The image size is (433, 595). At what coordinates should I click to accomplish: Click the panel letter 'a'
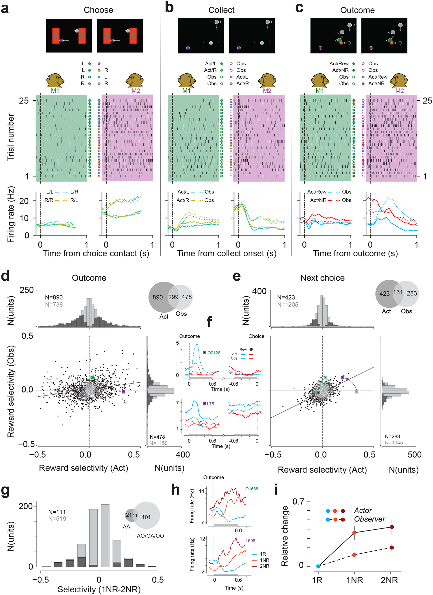point(5,8)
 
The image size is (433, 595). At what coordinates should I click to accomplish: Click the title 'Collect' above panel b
point(221,10)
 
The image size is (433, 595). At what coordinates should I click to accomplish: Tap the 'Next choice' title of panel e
point(322,278)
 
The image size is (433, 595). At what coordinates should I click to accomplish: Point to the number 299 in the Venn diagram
point(173,297)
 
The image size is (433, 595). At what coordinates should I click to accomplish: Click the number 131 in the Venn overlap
point(398,292)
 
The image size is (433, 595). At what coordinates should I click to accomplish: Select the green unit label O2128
point(214,353)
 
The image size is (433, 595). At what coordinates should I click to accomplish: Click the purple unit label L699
point(250,540)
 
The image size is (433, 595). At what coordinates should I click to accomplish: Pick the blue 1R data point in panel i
point(318,566)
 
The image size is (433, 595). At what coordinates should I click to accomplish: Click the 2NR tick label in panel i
point(389,580)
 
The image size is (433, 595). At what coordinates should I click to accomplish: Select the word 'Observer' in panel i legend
point(369,519)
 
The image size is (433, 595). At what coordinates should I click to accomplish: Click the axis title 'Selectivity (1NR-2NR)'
point(99,589)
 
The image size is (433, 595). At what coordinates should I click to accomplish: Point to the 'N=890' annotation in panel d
point(54,297)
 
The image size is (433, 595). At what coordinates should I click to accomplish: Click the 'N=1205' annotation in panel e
point(288,304)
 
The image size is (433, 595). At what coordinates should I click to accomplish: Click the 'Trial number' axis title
point(11,137)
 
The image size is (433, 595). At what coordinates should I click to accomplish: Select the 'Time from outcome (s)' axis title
point(355,253)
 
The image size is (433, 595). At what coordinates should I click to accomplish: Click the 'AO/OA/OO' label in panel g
point(150,535)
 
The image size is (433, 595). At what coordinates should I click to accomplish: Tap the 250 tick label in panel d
point(27,290)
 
